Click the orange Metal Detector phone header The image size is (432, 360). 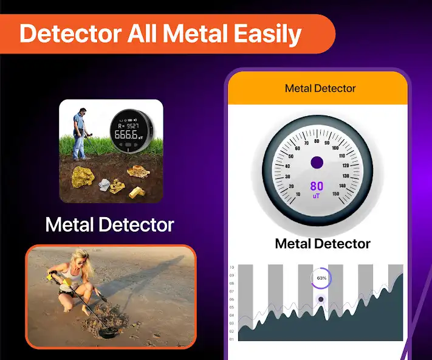click(x=320, y=89)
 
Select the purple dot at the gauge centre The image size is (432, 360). click(x=317, y=162)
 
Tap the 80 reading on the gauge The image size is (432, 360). click(x=317, y=186)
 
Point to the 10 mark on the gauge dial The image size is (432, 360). click(x=297, y=195)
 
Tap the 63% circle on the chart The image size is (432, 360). click(x=320, y=279)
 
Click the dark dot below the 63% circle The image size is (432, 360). click(x=321, y=299)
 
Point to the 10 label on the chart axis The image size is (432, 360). click(x=232, y=268)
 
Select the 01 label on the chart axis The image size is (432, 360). click(x=232, y=339)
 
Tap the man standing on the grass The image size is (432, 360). click(x=80, y=132)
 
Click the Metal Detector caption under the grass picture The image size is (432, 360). click(x=109, y=225)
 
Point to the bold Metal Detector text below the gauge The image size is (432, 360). click(x=323, y=244)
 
